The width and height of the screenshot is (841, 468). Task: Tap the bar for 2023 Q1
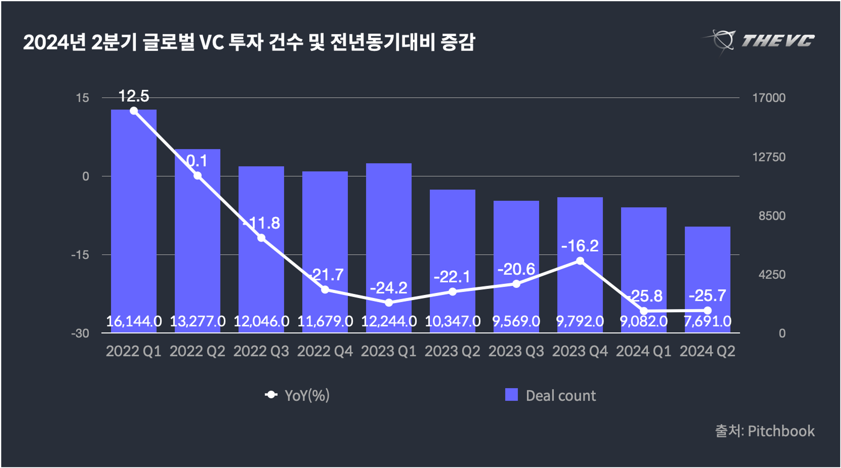[x=389, y=236]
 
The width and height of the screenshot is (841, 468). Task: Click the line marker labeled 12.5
[x=134, y=111]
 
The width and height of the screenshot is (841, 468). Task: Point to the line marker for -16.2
[x=580, y=261]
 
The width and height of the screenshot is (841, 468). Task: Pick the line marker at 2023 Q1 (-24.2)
[x=389, y=303]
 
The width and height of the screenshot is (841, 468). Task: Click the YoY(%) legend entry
[x=297, y=395]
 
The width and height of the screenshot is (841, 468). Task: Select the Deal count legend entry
[x=551, y=395]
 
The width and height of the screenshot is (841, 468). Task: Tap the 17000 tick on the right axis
[x=769, y=98]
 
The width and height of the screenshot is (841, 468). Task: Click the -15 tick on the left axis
[x=80, y=255]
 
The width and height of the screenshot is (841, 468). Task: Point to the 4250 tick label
[x=772, y=275]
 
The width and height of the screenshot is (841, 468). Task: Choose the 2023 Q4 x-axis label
[x=580, y=351]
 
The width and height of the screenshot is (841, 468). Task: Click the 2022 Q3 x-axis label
[x=261, y=351]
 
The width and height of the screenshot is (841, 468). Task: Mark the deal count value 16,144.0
[x=134, y=322]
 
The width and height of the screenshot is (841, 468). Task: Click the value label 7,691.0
[x=707, y=322]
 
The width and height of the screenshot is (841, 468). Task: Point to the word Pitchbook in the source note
[x=781, y=431]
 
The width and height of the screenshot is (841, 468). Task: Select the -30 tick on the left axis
[x=80, y=334]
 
